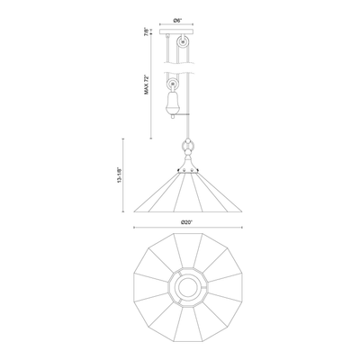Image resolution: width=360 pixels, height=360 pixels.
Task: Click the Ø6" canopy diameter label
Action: click(x=177, y=20)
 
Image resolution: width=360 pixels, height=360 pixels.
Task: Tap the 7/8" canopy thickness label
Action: click(x=146, y=31)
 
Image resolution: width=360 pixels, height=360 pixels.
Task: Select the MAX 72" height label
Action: click(x=147, y=85)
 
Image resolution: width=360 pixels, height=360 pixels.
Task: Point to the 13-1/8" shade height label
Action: click(x=120, y=175)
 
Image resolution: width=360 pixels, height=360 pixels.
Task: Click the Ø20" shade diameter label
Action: click(x=186, y=222)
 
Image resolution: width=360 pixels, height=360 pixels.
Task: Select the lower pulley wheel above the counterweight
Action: click(x=173, y=84)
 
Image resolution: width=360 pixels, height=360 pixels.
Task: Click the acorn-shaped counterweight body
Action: click(x=172, y=103)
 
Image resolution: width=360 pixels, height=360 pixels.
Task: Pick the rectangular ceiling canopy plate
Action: click(x=176, y=32)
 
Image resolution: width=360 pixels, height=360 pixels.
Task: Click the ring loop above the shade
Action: click(x=188, y=147)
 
